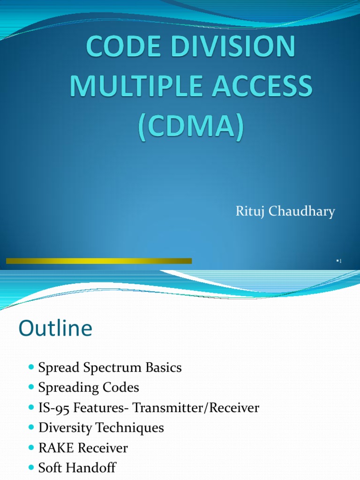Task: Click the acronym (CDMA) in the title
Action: click(190, 124)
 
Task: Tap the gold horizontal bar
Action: click(99, 261)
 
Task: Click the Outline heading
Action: click(55, 329)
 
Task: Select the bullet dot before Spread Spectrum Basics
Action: click(31, 368)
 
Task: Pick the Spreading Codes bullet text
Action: click(89, 388)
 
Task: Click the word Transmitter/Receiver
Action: click(196, 408)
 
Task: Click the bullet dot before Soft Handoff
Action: click(31, 468)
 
